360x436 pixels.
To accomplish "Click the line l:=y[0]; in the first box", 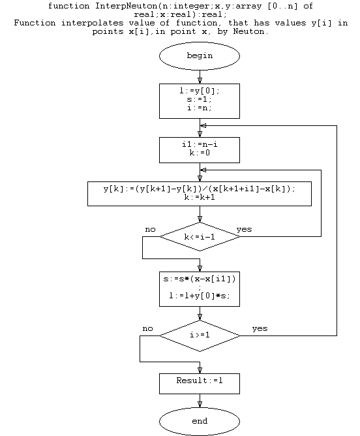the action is click(x=200, y=91).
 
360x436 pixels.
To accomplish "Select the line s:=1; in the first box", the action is click(x=200, y=99).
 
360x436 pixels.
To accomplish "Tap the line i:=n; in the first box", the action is click(x=200, y=108).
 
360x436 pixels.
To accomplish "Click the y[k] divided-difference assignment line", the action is click(x=200, y=189).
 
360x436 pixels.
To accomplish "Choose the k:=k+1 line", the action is click(x=200, y=197).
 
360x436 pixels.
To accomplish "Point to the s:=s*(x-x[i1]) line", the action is click(x=200, y=279).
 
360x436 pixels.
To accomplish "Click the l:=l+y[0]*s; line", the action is click(x=200, y=296).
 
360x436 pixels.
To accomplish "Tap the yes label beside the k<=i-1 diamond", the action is click(x=244, y=229).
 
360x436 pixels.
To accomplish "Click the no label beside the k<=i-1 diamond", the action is click(x=150, y=229).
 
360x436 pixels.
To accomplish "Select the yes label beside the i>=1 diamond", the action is click(x=260, y=329).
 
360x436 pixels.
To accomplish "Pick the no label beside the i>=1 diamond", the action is click(x=147, y=329).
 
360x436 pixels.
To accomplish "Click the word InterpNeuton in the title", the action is click(x=127, y=6).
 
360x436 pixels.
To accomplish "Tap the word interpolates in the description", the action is click(x=92, y=23).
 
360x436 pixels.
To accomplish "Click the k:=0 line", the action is click(x=200, y=153).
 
